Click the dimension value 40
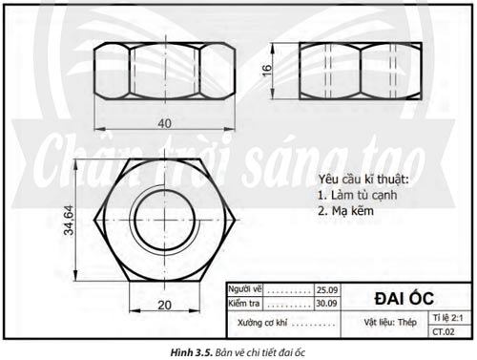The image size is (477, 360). [165, 123]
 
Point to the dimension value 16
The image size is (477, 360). [267, 71]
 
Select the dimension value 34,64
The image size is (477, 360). [69, 221]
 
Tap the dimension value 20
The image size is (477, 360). [165, 306]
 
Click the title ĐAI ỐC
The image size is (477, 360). [404, 298]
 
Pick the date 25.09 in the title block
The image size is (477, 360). [327, 290]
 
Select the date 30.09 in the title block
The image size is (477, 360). [327, 304]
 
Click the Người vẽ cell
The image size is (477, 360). [245, 289]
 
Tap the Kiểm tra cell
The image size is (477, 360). [244, 304]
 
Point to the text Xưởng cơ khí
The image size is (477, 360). [262, 323]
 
